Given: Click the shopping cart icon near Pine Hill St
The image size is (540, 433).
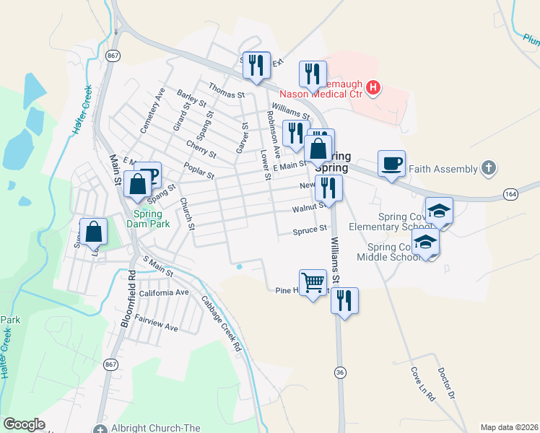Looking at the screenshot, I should pos(313,282).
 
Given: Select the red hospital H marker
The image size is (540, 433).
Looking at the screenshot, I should pos(373,89).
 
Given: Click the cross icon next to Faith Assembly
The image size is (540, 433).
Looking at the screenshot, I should pos(488,169).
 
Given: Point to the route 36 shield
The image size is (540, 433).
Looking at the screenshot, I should pos(339,372).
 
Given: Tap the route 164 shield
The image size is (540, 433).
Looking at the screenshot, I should pos(511,194).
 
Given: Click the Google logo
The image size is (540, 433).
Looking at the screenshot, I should pos(24,424).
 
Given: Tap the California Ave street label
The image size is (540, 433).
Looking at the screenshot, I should pos(164,293).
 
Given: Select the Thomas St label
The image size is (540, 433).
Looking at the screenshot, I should pos(227,90).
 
